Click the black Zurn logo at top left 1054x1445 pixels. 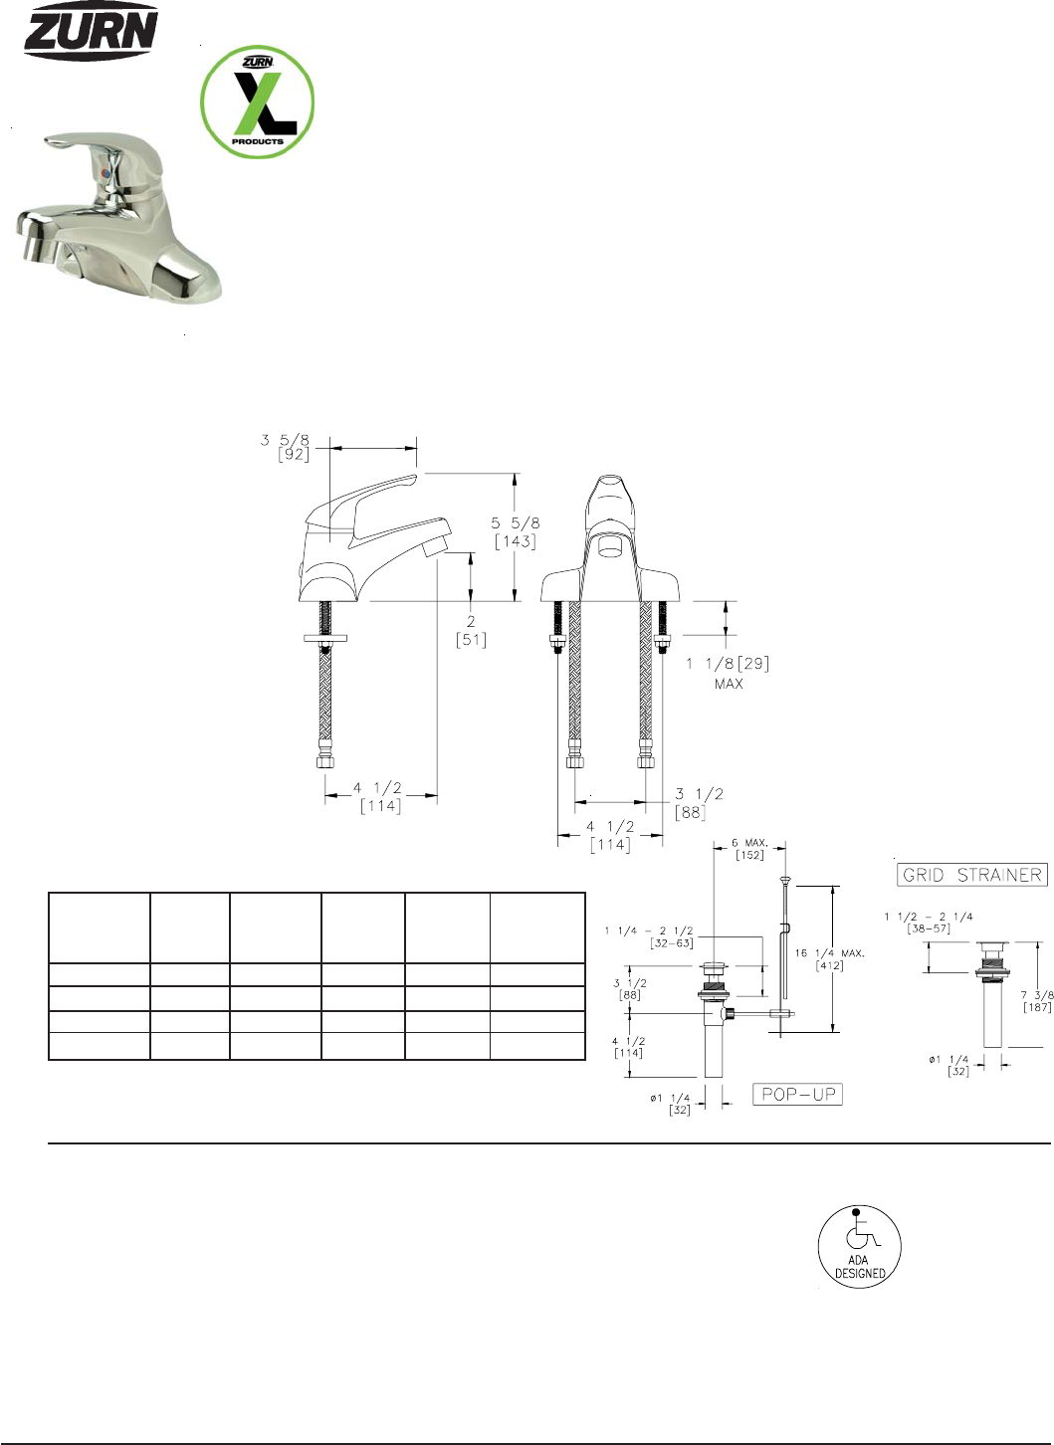91,30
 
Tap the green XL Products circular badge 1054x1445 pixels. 258,102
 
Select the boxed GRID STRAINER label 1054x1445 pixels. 972,876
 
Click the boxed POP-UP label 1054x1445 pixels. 798,1094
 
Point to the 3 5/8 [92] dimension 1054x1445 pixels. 285,447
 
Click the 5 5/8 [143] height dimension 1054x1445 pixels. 516,532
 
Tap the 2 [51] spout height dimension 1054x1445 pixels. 471,631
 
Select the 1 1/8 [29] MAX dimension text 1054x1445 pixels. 728,673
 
